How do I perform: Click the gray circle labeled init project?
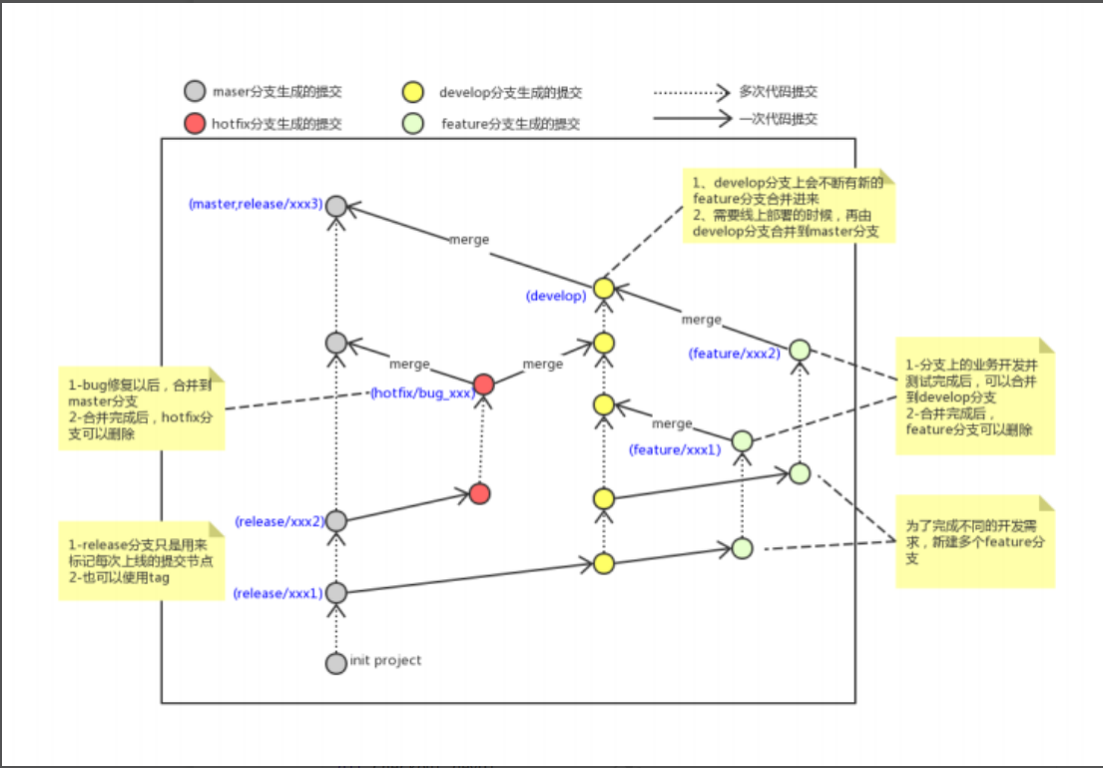pos(336,662)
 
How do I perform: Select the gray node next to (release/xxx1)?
pos(336,593)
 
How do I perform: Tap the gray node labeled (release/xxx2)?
pos(336,521)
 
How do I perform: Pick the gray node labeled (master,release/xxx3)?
pos(336,205)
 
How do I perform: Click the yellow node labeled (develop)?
pos(602,289)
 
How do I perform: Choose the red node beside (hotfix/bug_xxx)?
pos(484,384)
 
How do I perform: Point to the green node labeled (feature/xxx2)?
pos(800,351)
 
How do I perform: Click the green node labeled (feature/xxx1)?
pos(742,440)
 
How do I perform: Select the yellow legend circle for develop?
pos(411,93)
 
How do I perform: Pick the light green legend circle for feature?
pos(411,124)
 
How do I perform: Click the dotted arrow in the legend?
pos(691,93)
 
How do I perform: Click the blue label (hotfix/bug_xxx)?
pos(420,393)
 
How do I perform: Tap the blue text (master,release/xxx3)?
pos(256,204)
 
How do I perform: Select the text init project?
pos(385,660)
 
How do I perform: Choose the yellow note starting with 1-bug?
pos(141,410)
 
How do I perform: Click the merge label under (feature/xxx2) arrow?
pos(701,320)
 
